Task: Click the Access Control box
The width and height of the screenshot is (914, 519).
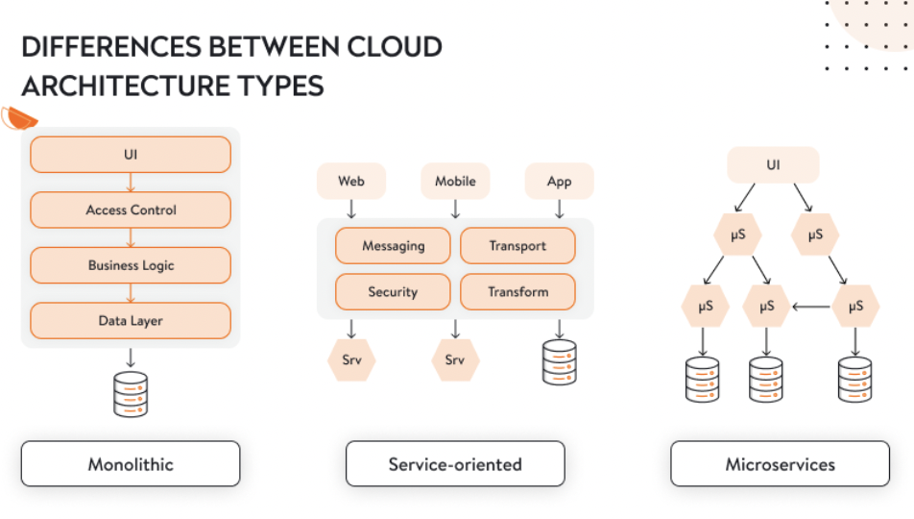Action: (x=131, y=210)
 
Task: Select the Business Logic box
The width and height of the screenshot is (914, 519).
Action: (x=131, y=265)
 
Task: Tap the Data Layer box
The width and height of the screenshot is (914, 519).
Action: (x=131, y=321)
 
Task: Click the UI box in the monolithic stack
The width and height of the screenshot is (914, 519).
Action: (x=131, y=154)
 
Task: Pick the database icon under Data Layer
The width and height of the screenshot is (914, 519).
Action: (x=131, y=393)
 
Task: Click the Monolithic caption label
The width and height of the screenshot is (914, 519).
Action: (x=131, y=464)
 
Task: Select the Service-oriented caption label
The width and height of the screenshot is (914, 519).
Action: (x=455, y=464)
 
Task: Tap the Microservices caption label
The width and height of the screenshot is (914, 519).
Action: (x=780, y=464)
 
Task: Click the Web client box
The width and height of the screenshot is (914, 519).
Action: (x=351, y=181)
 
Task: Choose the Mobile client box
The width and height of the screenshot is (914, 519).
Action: (x=455, y=181)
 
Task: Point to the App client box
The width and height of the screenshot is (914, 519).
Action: (x=559, y=181)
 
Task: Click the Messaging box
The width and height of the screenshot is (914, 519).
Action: (x=393, y=246)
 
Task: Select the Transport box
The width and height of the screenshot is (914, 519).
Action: (x=517, y=246)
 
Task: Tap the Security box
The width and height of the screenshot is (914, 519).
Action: (x=393, y=292)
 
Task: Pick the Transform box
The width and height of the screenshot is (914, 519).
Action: (x=517, y=292)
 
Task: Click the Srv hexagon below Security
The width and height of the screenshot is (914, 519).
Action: (x=351, y=360)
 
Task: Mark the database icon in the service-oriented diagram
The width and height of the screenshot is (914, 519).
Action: (x=559, y=362)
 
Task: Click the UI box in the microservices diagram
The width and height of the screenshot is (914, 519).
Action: (x=773, y=165)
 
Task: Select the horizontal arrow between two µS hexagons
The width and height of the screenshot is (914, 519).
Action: (x=810, y=308)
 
